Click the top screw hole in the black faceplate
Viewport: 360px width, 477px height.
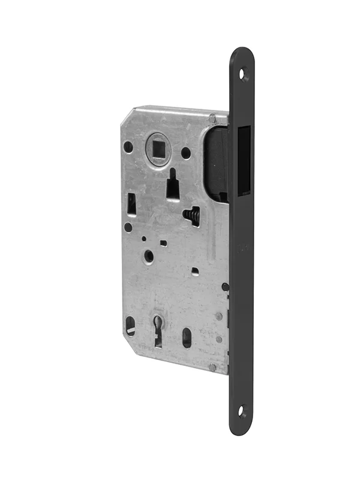(x=243, y=74)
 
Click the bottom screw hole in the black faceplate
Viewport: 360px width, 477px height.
(x=242, y=412)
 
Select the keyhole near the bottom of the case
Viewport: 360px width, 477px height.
(x=158, y=329)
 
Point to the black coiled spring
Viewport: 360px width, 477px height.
(x=191, y=214)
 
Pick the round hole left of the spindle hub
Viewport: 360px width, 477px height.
(x=128, y=146)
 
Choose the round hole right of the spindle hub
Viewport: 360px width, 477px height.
(x=186, y=153)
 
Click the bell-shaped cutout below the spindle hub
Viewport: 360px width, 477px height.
(x=173, y=186)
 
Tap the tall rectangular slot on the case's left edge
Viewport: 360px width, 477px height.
(x=131, y=205)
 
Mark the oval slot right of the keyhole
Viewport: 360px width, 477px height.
(x=187, y=337)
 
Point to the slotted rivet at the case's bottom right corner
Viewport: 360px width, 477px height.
(x=212, y=367)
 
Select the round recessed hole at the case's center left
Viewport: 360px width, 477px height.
(x=149, y=256)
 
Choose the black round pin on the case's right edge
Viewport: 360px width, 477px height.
(x=225, y=287)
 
